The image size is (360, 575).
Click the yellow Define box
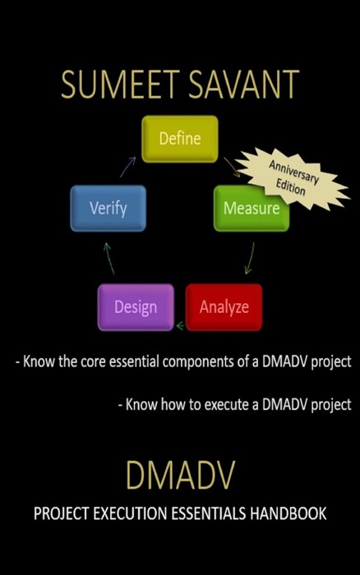pyautogui.click(x=179, y=139)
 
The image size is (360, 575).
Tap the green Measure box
pyautogui.click(x=251, y=208)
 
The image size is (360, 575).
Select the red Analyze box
pyautogui.click(x=224, y=307)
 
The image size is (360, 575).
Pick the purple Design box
pyautogui.click(x=136, y=307)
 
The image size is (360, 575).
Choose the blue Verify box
pyautogui.click(x=108, y=208)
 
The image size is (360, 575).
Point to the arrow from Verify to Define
pyautogui.click(x=127, y=168)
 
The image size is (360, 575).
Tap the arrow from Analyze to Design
pyautogui.click(x=180, y=326)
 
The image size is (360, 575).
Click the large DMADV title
pyautogui.click(x=180, y=476)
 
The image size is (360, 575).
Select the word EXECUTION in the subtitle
pyautogui.click(x=131, y=514)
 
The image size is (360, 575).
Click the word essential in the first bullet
pyautogui.click(x=137, y=361)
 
